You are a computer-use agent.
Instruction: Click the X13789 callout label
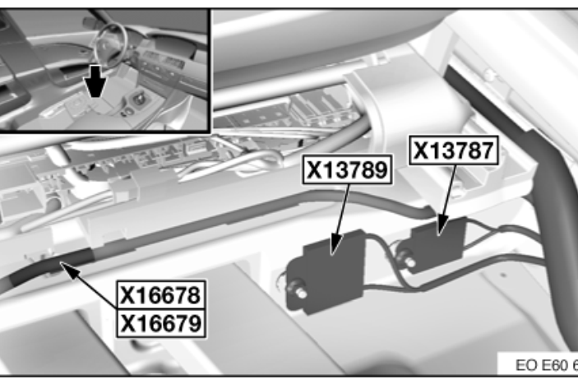347,169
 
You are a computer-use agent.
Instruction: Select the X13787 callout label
454,150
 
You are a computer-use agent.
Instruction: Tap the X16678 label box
161,294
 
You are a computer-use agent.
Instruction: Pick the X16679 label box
161,323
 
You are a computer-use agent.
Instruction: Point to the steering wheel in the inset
111,43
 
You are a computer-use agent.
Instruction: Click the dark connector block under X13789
334,271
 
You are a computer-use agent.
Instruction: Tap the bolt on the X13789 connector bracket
298,290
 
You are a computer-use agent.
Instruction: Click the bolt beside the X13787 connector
406,258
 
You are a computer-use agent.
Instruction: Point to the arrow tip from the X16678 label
61,262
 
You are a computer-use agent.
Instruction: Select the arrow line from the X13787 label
446,200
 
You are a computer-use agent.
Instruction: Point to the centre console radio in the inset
162,63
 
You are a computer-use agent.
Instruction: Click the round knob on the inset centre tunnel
139,99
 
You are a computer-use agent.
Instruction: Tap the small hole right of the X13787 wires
503,275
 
